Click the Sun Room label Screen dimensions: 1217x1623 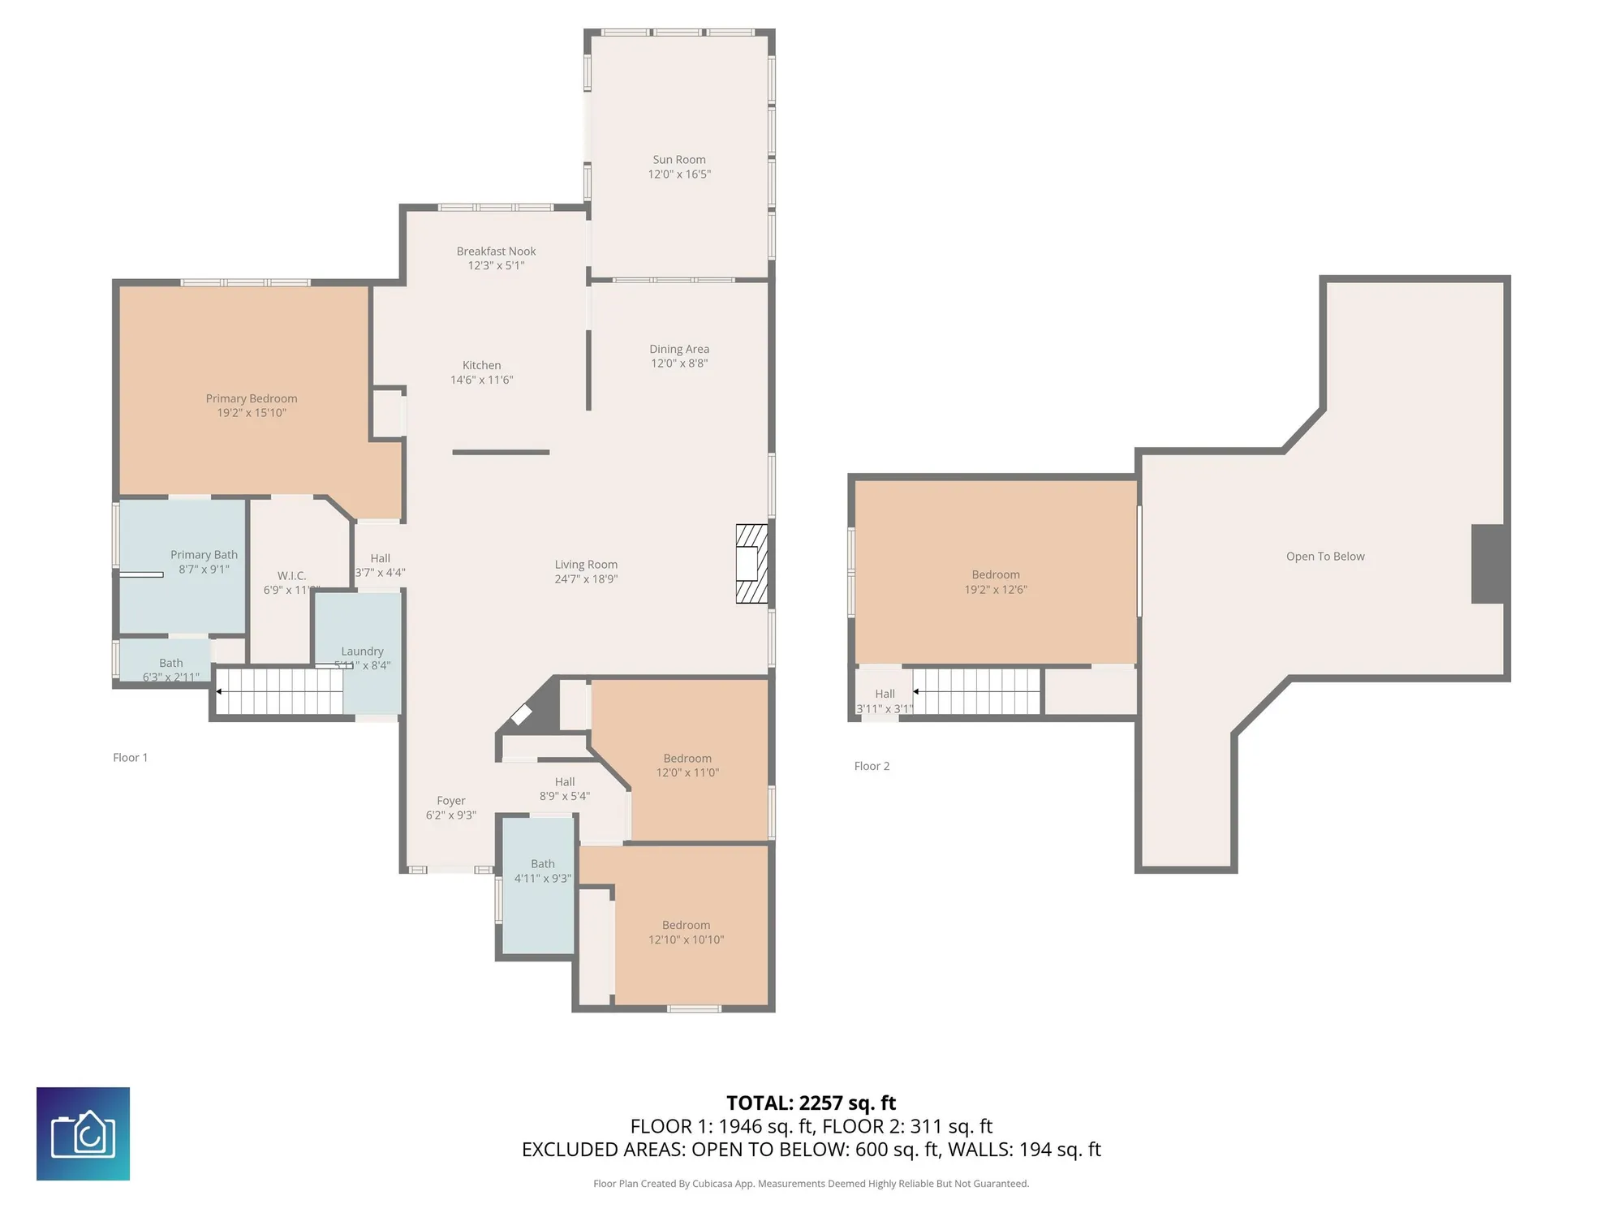[679, 160]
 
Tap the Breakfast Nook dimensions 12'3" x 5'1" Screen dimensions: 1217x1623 [496, 265]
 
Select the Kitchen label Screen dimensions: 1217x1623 [481, 365]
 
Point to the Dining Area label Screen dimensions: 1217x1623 [679, 349]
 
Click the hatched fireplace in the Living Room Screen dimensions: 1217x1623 [751, 564]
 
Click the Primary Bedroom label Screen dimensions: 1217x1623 [251, 398]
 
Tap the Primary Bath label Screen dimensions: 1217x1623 [204, 555]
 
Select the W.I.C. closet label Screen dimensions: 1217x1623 [291, 575]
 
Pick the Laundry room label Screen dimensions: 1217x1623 [362, 651]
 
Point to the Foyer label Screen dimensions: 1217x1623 [451, 801]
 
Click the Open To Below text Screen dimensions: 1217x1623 [1325, 557]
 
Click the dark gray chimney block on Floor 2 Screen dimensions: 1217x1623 [1489, 564]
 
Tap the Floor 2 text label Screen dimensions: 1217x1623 [872, 766]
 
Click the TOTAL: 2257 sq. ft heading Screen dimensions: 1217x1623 [811, 1103]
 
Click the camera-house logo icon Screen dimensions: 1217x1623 [83, 1133]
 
